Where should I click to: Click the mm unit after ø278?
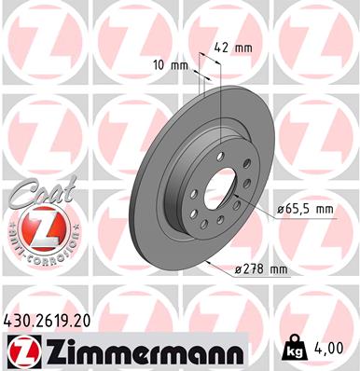click(x=278, y=269)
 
